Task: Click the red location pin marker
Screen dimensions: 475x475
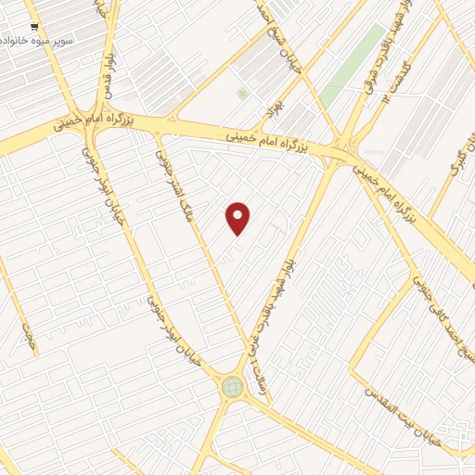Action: coord(238,218)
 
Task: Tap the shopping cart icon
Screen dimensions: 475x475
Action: coord(34,28)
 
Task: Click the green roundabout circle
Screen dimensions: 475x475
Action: coord(231,387)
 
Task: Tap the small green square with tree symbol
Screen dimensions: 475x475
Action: coord(242,94)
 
